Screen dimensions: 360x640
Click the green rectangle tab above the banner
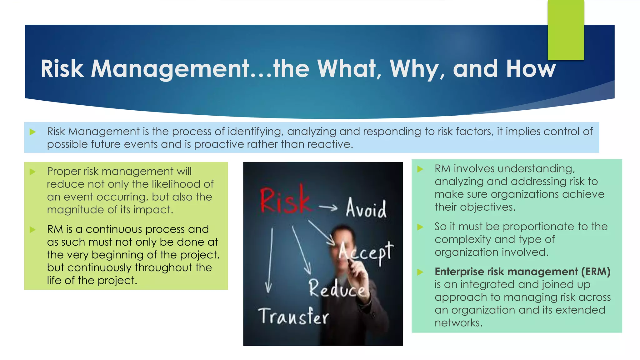pyautogui.click(x=566, y=30)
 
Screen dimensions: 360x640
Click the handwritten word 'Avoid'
pyautogui.click(x=366, y=208)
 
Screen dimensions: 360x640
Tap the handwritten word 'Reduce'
pyautogui.click(x=337, y=289)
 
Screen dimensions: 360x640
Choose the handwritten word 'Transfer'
pyautogui.click(x=293, y=316)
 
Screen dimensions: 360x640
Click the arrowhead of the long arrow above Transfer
pyautogui.click(x=268, y=287)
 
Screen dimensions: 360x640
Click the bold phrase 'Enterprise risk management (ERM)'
pyautogui.click(x=522, y=272)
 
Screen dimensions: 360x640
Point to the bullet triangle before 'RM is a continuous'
pyautogui.click(x=32, y=230)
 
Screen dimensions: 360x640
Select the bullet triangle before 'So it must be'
pyautogui.click(x=420, y=227)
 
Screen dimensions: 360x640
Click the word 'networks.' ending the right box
pyautogui.click(x=458, y=323)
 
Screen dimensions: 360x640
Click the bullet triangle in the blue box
pyautogui.click(x=32, y=132)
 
